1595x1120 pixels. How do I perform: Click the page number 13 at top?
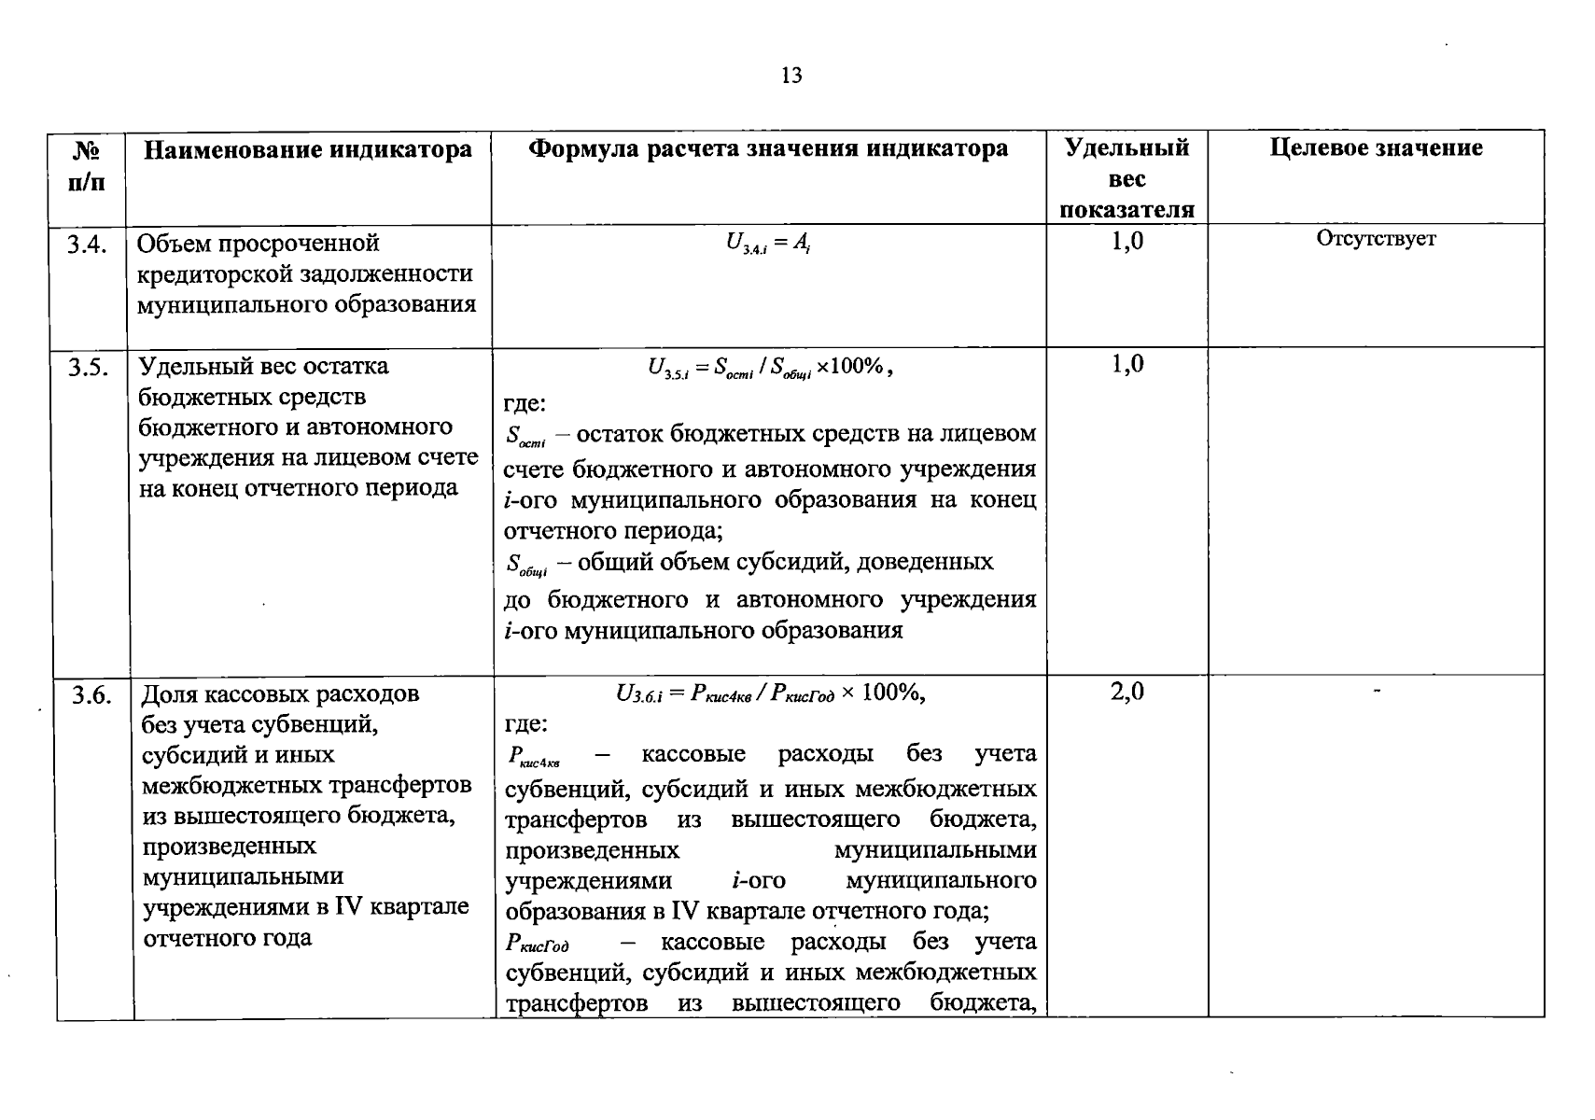pos(791,76)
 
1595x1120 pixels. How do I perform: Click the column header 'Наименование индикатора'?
pos(308,149)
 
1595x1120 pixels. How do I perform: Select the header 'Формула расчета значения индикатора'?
pos(768,148)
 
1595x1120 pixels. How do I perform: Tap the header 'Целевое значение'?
pos(1376,147)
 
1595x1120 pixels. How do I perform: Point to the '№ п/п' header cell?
pos(87,165)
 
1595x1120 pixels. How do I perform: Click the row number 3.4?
pos(88,244)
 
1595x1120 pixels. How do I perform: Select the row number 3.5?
pos(89,367)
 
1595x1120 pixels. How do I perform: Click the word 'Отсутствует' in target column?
pos(1376,238)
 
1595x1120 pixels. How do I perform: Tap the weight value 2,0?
pos(1126,692)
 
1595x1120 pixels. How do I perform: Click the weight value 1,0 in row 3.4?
pos(1126,242)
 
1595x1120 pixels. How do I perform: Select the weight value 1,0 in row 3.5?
pos(1126,364)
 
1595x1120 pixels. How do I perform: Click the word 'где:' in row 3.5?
pos(525,403)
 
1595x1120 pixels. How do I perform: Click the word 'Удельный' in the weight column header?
pos(1126,147)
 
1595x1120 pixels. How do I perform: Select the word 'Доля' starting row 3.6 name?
pos(169,694)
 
